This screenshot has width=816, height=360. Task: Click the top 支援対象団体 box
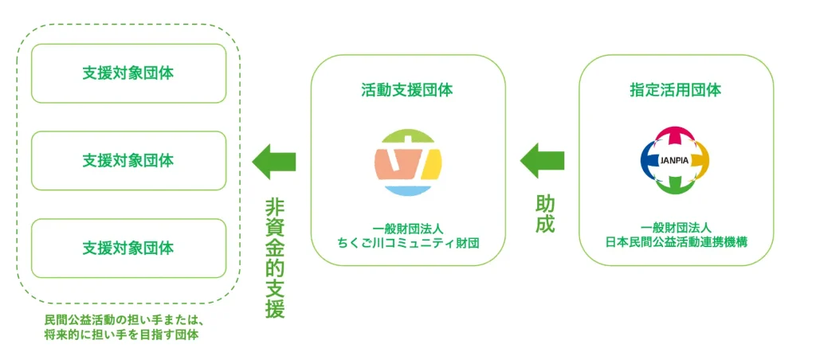(128, 73)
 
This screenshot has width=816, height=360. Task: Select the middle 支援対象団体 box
(128, 161)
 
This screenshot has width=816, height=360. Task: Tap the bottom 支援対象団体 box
(128, 248)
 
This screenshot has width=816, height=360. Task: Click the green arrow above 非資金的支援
(274, 161)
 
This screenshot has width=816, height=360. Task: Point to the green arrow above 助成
(542, 161)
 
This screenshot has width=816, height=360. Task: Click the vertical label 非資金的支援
(274, 259)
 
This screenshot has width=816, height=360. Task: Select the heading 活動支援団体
(407, 90)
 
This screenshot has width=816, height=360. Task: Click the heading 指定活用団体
(676, 90)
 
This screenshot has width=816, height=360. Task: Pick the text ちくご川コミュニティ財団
(407, 243)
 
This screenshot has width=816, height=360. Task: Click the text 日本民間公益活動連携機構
(677, 243)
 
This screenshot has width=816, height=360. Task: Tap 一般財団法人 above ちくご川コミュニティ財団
(407, 229)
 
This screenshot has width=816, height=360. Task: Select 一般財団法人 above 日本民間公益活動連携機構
(677, 229)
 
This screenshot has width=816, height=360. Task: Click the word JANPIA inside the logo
(675, 160)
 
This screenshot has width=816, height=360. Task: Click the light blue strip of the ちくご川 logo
(408, 190)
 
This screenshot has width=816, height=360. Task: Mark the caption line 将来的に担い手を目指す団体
(121, 335)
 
